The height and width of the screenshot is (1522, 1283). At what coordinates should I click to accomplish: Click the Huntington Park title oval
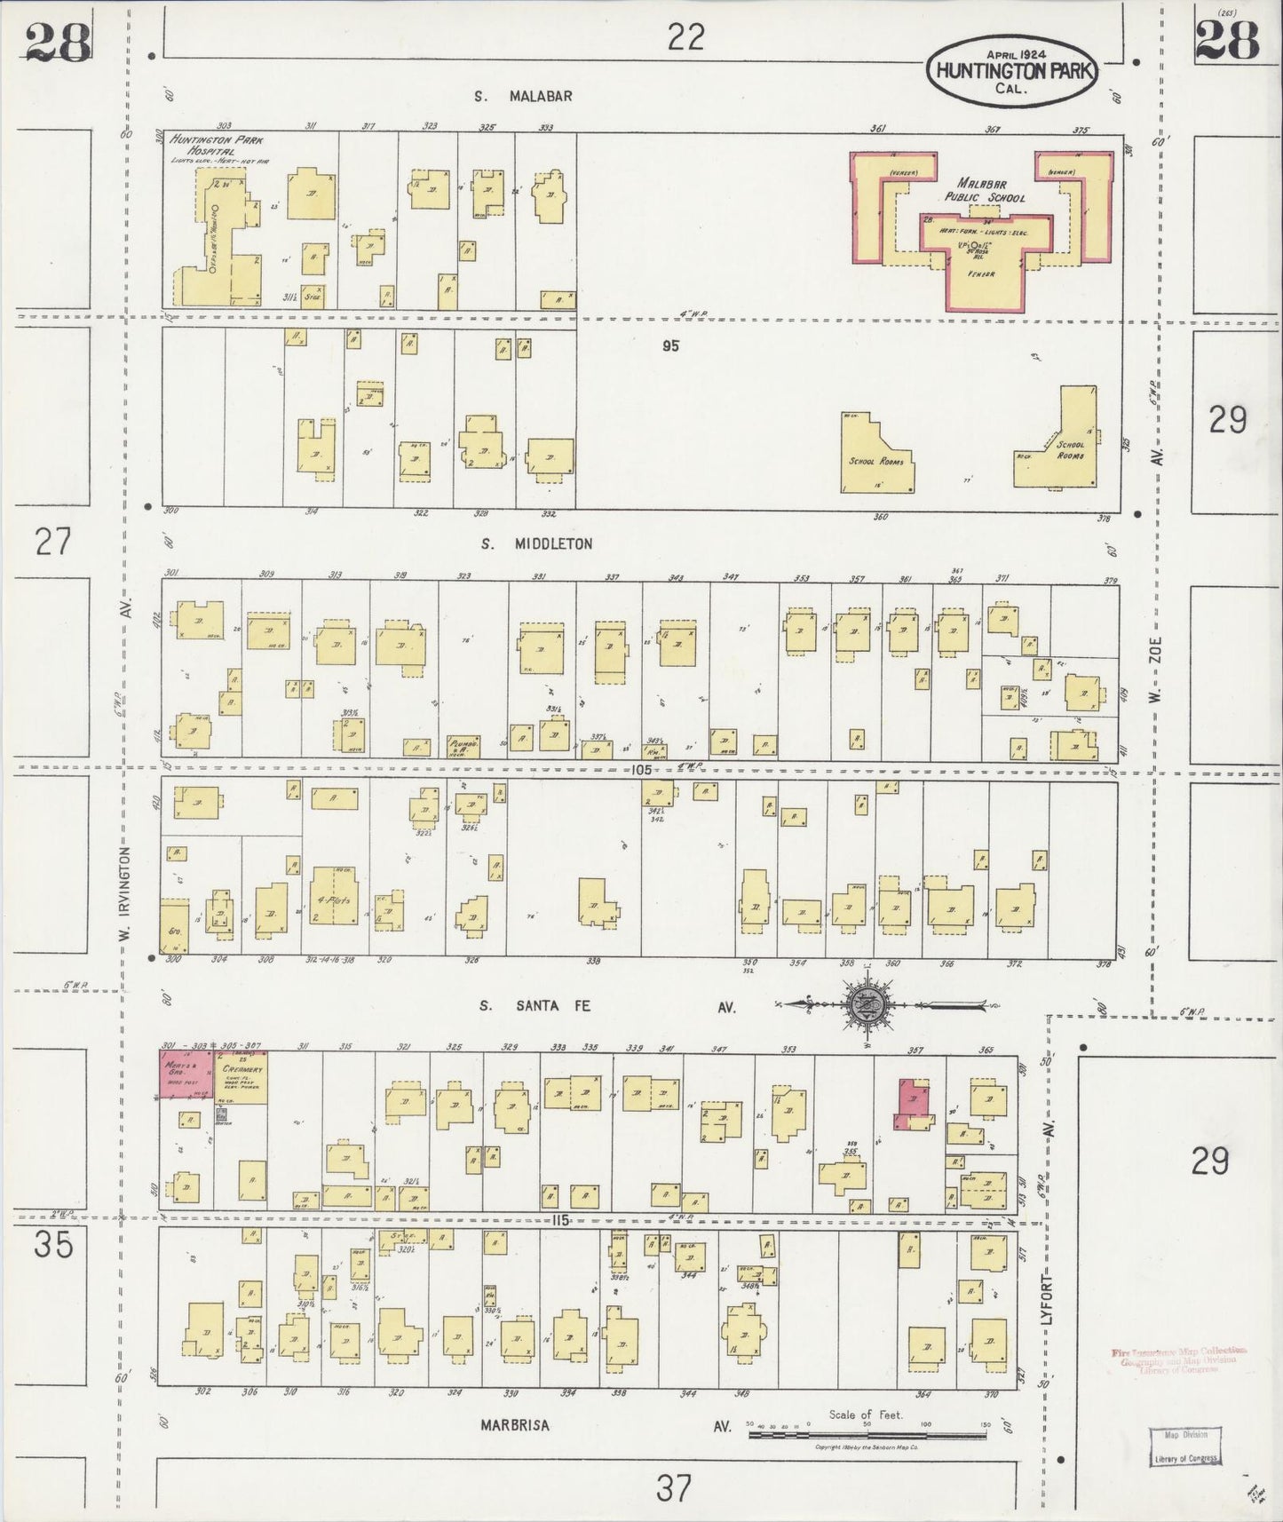click(1012, 69)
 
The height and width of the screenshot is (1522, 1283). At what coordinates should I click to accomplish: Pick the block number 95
click(669, 346)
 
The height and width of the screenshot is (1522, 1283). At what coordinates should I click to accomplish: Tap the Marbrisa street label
click(515, 1426)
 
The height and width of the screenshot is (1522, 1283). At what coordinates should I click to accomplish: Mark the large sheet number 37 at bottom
click(673, 1486)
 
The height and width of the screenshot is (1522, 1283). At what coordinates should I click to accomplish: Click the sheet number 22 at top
click(685, 36)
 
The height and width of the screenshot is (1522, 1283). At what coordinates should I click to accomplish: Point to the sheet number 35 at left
click(52, 1245)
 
